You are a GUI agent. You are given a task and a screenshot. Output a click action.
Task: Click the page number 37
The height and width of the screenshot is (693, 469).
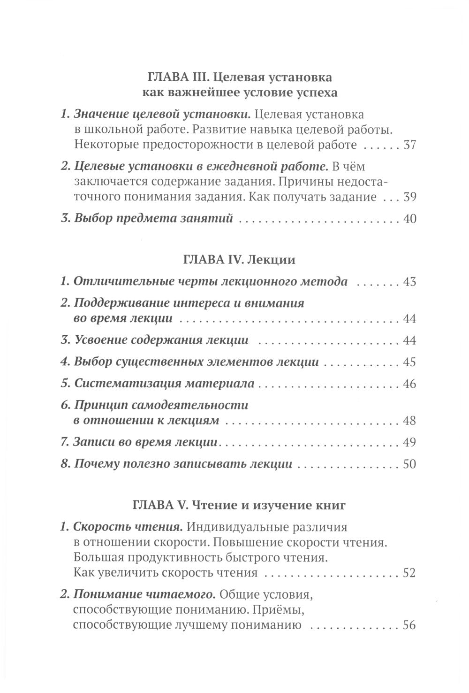pyautogui.click(x=409, y=145)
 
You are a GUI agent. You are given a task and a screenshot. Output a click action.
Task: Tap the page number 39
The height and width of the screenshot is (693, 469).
pyautogui.click(x=409, y=197)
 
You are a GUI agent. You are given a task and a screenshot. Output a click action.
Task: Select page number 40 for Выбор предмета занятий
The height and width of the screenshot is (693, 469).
pyautogui.click(x=409, y=219)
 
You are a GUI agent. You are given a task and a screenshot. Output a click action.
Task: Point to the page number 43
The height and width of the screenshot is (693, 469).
pyautogui.click(x=409, y=282)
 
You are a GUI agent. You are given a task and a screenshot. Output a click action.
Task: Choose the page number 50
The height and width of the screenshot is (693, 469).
pyautogui.click(x=409, y=464)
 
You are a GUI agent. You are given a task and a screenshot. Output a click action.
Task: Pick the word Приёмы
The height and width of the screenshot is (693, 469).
pyautogui.click(x=294, y=609)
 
